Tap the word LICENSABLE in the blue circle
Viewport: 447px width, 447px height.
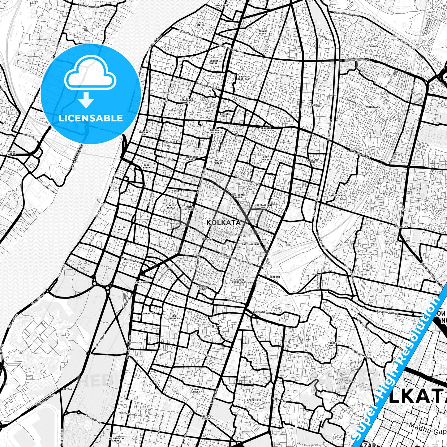tap(91, 118)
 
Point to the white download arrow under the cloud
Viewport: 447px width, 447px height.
tap(86, 101)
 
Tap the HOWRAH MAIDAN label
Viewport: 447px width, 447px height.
tap(11, 153)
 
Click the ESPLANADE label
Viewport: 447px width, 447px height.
tap(141, 282)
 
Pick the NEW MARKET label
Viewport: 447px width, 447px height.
tap(174, 317)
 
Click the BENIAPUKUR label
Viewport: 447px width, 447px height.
tap(254, 400)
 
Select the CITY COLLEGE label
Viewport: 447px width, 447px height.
tap(266, 158)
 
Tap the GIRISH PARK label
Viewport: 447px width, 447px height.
tap(224, 115)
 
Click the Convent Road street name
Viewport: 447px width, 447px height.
tap(261, 312)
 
